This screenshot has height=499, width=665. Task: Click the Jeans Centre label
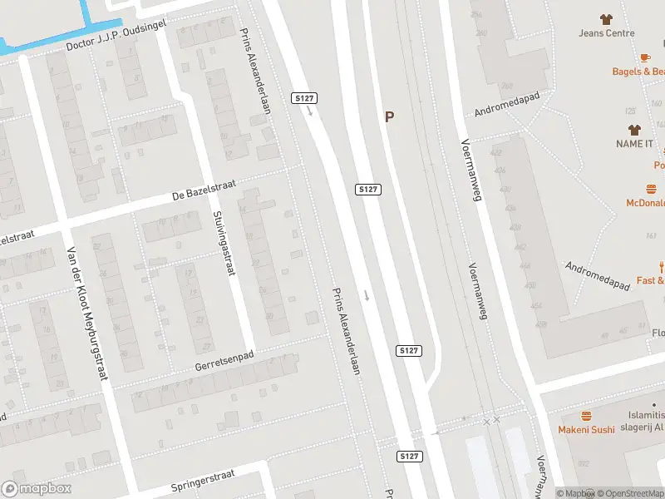(x=607, y=33)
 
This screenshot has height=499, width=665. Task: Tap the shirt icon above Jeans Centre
(x=606, y=18)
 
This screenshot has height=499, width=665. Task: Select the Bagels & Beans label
(x=638, y=72)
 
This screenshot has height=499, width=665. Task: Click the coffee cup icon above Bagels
(x=645, y=57)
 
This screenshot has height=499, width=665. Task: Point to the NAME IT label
(x=635, y=144)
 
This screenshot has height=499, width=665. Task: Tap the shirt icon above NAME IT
(x=634, y=130)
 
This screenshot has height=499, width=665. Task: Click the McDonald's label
(x=646, y=203)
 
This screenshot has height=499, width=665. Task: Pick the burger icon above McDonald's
(x=652, y=189)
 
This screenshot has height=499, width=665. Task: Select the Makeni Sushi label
(x=587, y=429)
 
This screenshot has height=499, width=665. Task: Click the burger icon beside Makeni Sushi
(x=587, y=416)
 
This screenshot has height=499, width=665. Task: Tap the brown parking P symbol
(x=388, y=117)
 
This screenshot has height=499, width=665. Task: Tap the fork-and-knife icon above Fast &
(x=662, y=267)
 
